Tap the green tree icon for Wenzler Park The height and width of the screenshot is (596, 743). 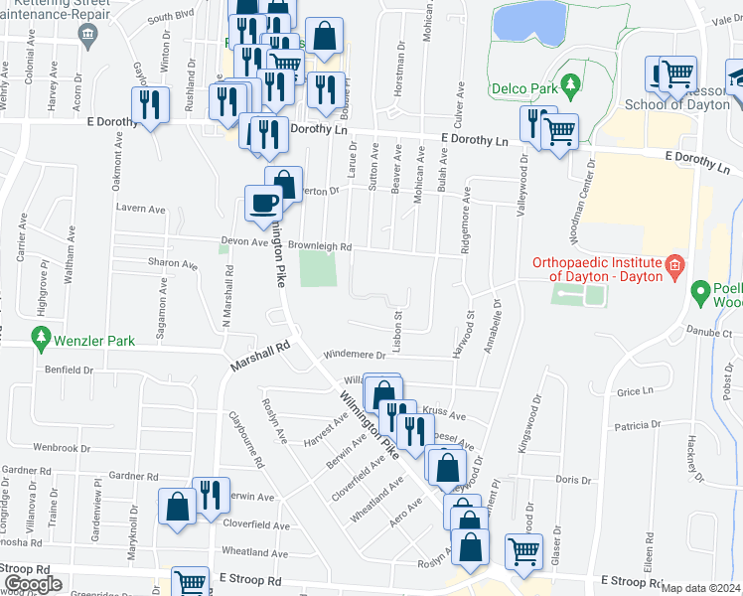41,341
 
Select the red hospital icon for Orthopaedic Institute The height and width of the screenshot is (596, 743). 675,264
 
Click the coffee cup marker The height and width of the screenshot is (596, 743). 263,204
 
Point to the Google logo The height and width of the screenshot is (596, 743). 33,583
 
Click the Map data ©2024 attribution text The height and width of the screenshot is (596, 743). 701,588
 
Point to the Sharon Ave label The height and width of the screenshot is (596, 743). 173,264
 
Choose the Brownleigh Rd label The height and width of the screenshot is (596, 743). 321,247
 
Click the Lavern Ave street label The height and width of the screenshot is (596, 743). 140,210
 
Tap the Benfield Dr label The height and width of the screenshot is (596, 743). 68,370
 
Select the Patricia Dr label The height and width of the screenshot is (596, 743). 636,426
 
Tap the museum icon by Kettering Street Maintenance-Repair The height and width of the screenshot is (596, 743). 86,37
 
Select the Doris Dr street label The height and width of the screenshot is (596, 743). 573,480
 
